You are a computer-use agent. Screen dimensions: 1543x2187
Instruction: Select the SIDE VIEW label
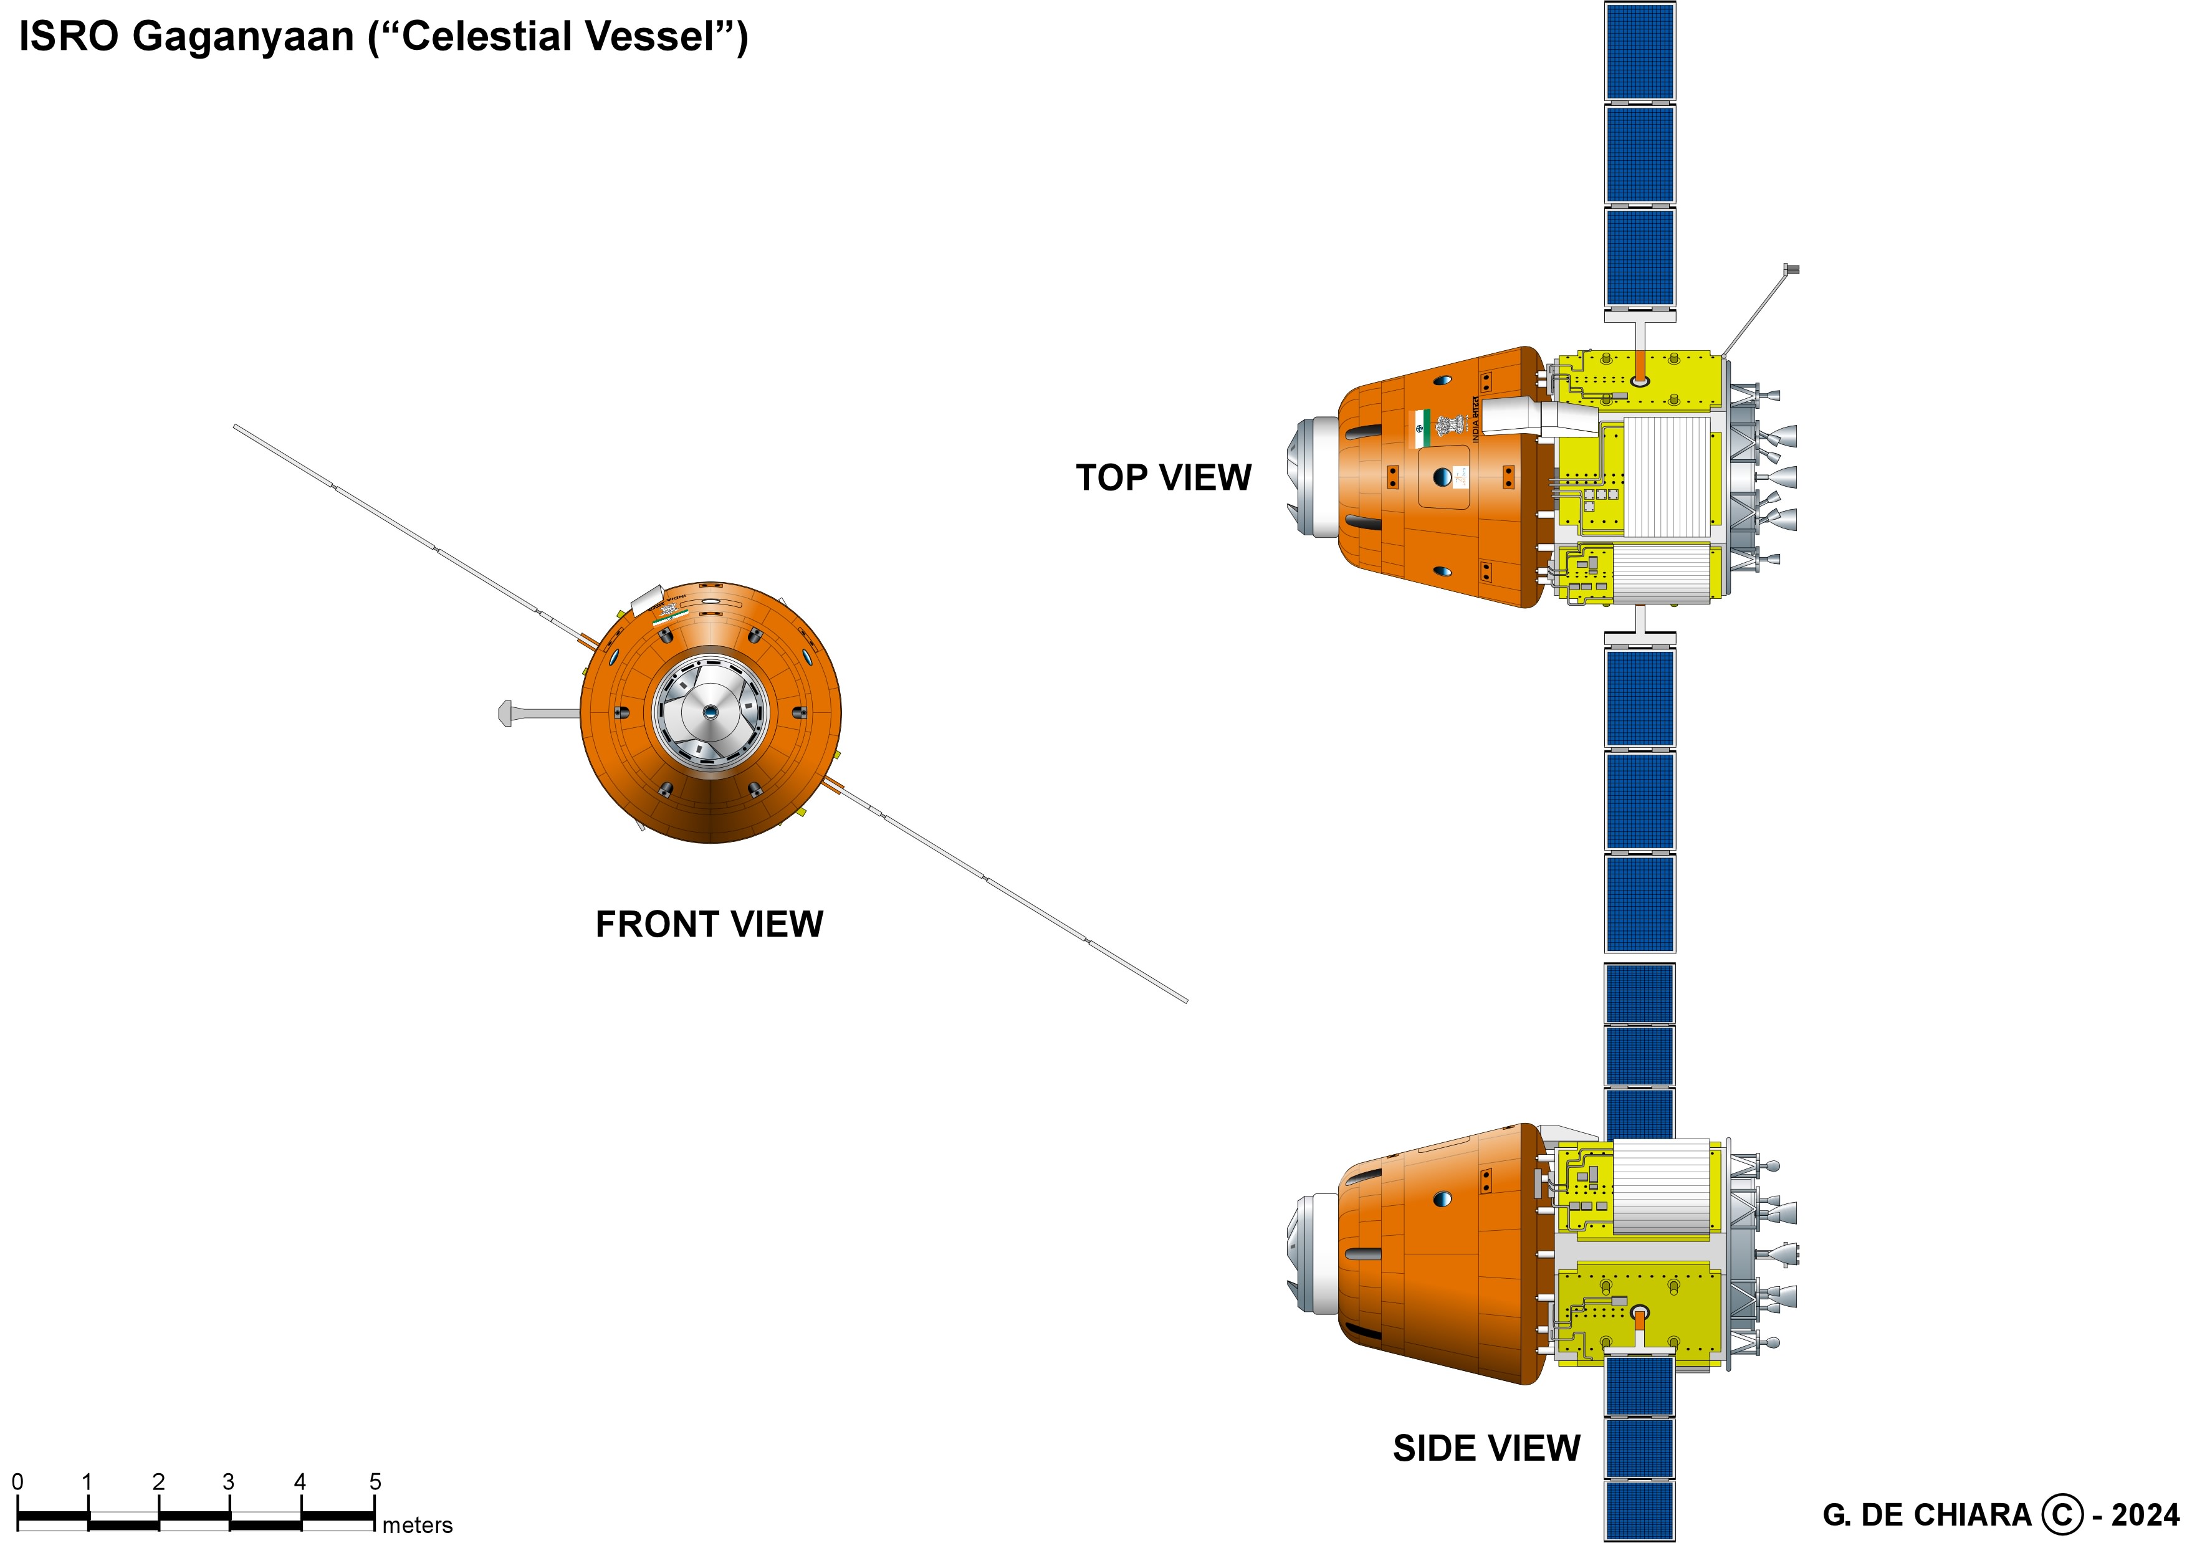(x=1486, y=1449)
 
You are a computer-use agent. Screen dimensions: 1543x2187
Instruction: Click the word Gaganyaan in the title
(x=243, y=38)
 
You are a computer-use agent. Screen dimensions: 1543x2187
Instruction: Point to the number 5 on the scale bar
(x=375, y=1482)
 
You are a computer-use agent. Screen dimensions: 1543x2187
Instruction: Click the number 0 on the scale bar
(x=17, y=1482)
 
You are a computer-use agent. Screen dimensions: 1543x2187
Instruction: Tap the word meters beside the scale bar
(x=417, y=1525)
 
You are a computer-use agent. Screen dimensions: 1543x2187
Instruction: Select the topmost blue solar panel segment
(x=1639, y=50)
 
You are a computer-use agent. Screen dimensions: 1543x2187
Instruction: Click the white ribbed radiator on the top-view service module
(x=1666, y=476)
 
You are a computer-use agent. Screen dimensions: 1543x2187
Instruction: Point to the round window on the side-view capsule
(x=1442, y=1198)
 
